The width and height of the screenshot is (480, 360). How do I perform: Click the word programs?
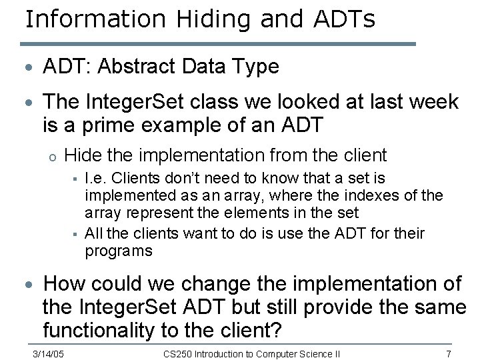point(119,251)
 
